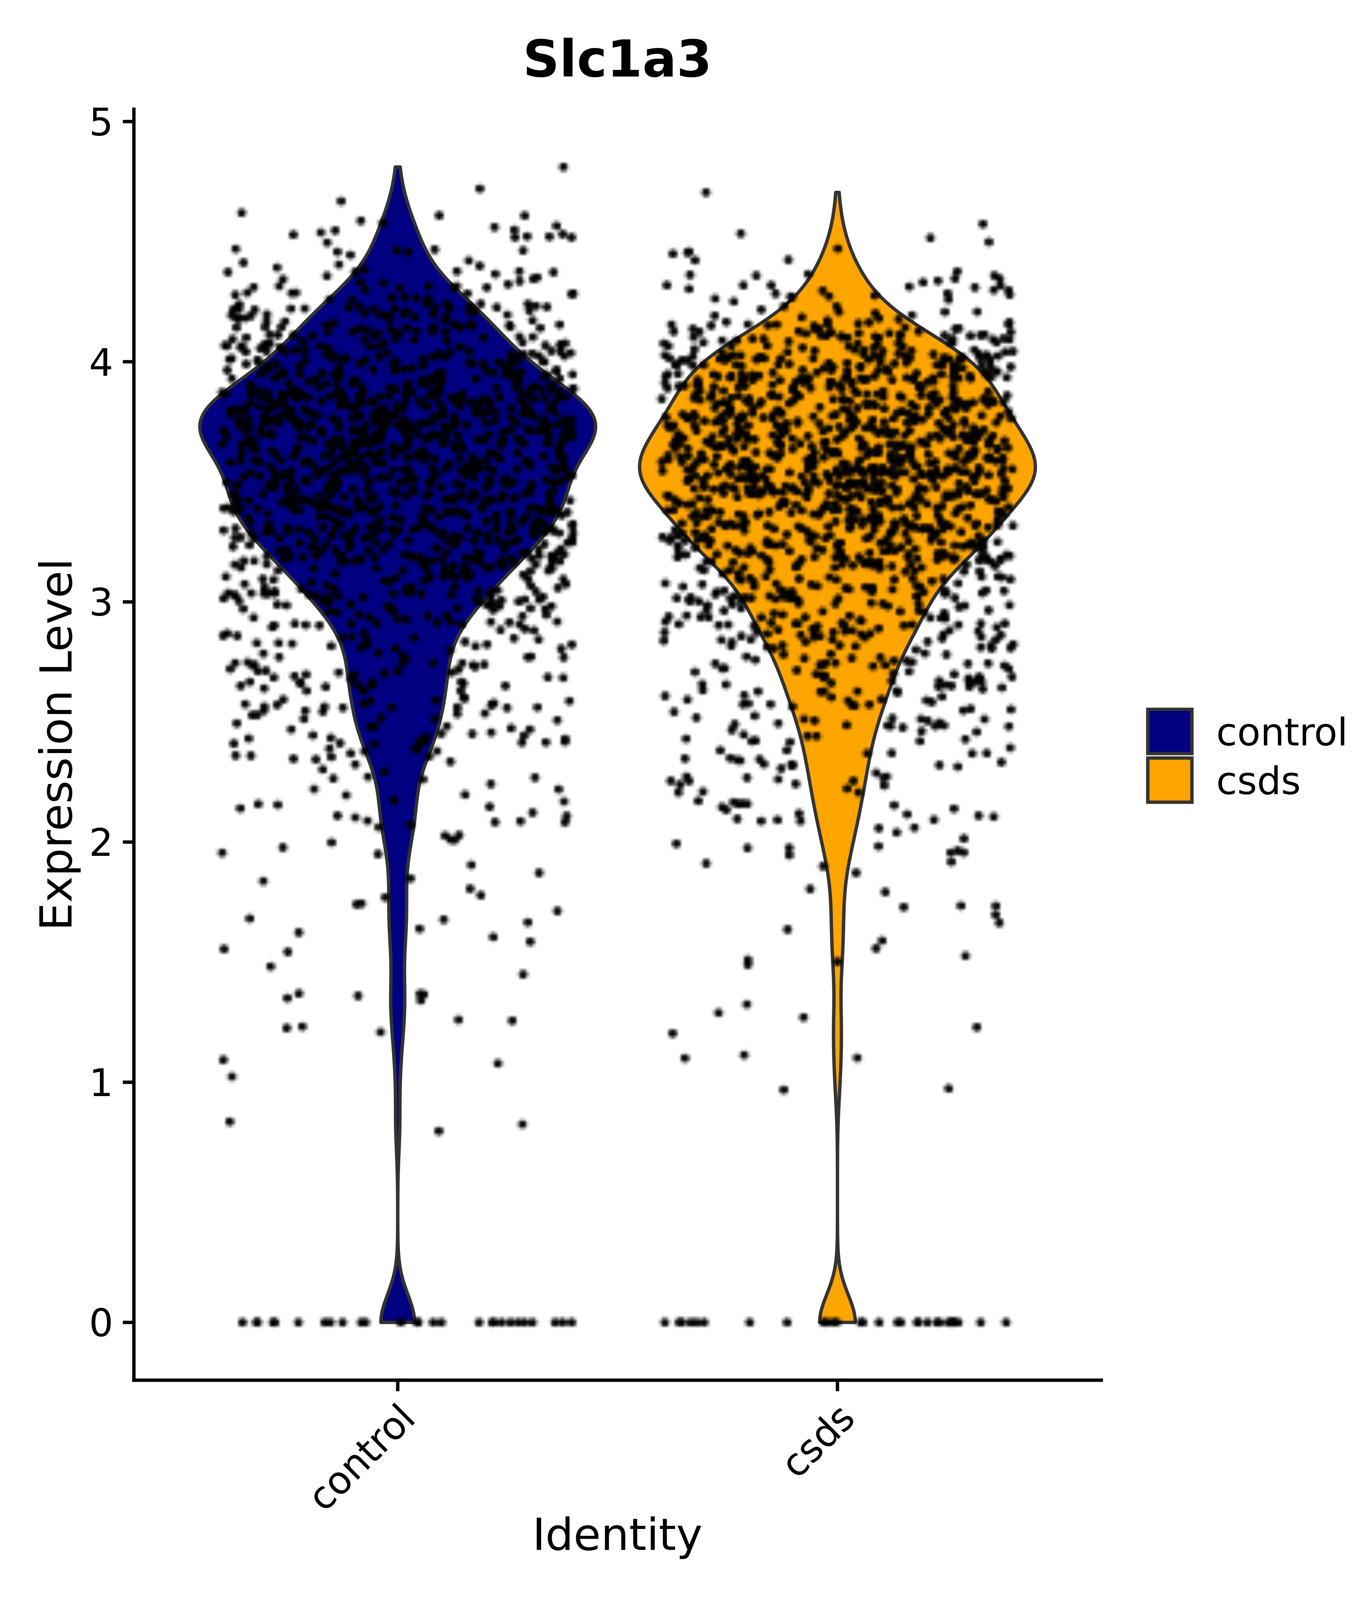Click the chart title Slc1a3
(x=616, y=60)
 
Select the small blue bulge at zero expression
(x=398, y=1304)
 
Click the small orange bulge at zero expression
(x=837, y=1304)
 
